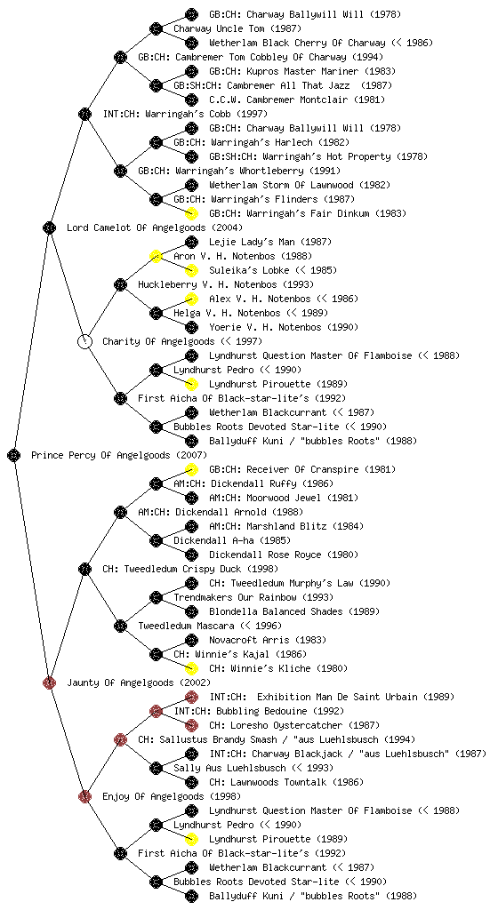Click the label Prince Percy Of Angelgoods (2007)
[x=119, y=456]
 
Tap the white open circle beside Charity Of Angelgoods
[x=84, y=341]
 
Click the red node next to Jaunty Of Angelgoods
[x=49, y=682]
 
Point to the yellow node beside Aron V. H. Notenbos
[x=156, y=256]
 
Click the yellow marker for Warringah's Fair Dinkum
[x=191, y=213]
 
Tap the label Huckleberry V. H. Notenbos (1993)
[x=226, y=285]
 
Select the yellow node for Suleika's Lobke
[x=191, y=270]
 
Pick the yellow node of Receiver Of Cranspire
[x=191, y=469]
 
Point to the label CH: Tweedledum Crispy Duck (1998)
[x=190, y=570]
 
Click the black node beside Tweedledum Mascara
[x=120, y=626]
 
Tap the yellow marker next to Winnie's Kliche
[x=191, y=668]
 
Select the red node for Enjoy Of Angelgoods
[x=84, y=796]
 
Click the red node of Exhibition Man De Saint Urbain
[x=191, y=697]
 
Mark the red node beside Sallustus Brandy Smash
[x=120, y=739]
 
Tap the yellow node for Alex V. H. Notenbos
[x=191, y=299]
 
